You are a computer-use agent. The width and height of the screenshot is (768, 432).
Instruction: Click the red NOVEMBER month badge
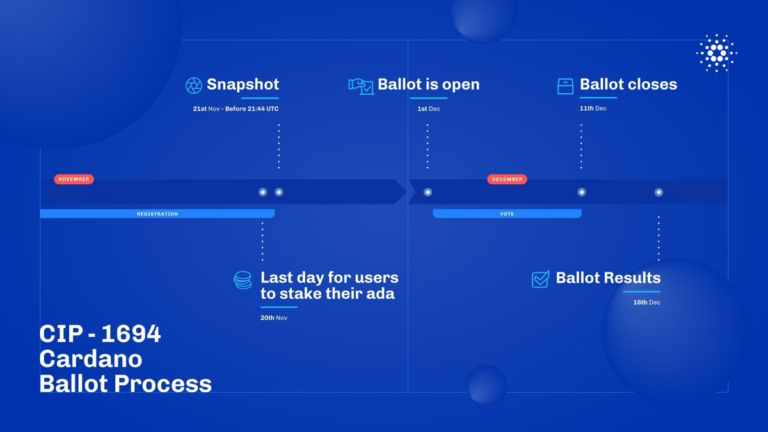coord(74,179)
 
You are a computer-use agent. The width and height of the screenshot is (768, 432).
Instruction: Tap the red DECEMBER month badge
coord(507,179)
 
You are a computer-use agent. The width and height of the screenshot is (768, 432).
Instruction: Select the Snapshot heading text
coord(243,84)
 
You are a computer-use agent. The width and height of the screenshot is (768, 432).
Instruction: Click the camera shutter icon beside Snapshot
coord(194,85)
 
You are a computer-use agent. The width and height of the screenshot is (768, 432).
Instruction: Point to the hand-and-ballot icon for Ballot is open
coord(361,86)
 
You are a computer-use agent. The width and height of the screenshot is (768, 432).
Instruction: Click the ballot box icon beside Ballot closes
coord(565,86)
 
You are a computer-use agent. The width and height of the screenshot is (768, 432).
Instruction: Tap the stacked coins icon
coord(243,280)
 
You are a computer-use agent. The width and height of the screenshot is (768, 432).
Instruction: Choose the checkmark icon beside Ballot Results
coord(540,279)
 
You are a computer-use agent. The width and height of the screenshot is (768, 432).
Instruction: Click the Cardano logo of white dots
coord(717,53)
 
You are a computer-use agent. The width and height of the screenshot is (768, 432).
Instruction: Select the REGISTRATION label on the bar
coord(157,214)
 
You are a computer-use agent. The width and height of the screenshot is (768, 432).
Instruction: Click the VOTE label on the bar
coord(507,214)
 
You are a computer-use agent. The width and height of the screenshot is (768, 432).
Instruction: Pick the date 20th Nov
coord(274,318)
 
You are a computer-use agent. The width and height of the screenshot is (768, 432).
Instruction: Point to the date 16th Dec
coord(646,302)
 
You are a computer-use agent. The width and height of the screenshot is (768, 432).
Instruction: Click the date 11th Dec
coord(593,108)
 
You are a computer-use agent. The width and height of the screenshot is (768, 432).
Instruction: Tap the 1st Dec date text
coord(429,109)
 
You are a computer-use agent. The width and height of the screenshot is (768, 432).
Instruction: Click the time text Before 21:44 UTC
coord(252,109)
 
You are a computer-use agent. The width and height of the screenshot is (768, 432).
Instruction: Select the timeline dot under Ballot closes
coord(582,192)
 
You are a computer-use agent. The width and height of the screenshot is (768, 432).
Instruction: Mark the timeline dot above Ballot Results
coord(659,192)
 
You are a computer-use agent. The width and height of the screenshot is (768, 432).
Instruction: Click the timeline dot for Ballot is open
coord(428,192)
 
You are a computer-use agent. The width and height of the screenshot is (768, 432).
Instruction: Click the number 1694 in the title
coord(131,333)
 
